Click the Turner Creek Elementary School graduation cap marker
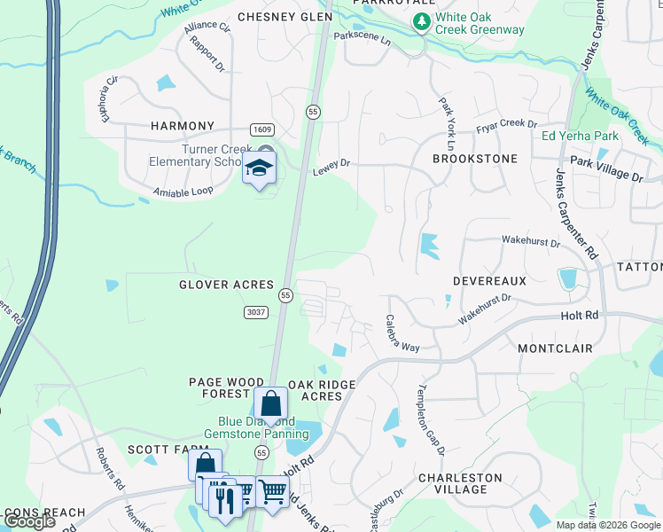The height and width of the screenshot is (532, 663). coord(260,168)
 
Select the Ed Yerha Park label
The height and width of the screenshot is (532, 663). coord(580,137)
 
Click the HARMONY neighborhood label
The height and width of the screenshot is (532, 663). coord(182,126)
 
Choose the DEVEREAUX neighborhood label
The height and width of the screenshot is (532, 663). coord(489,280)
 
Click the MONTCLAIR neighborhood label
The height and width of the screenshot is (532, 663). coord(555,348)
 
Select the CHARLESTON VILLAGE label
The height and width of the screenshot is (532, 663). coord(460,483)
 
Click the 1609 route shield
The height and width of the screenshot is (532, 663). coord(261,129)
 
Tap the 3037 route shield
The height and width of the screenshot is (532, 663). coord(255,311)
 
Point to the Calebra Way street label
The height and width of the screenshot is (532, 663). coord(402,334)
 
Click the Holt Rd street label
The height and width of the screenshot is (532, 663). coord(581,315)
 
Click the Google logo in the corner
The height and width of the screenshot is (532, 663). coord(30,521)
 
